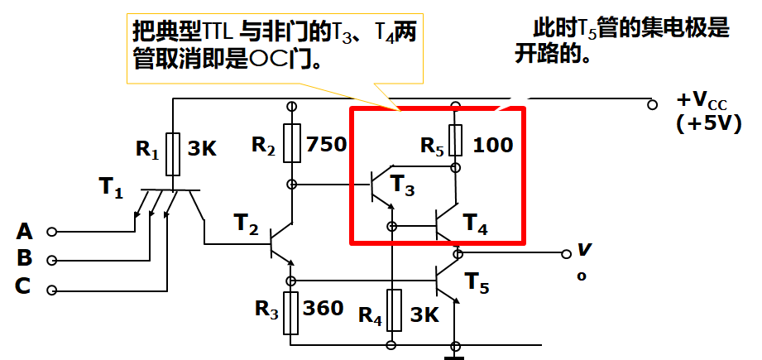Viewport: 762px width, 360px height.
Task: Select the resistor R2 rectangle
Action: [291, 143]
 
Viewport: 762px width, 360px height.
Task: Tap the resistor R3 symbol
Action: [291, 312]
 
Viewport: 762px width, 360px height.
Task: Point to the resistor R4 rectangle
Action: [394, 310]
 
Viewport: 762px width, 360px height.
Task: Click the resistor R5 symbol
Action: [454, 140]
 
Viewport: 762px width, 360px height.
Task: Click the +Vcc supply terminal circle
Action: [653, 104]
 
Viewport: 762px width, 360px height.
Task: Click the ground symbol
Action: [454, 355]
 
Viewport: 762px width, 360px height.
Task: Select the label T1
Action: [112, 188]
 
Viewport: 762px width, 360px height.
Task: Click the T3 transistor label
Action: [401, 185]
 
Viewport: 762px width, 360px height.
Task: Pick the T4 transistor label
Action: [476, 223]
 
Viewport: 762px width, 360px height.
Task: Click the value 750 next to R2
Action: [326, 145]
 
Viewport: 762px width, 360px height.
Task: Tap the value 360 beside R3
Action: [323, 309]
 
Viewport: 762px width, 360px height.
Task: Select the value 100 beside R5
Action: [493, 146]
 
